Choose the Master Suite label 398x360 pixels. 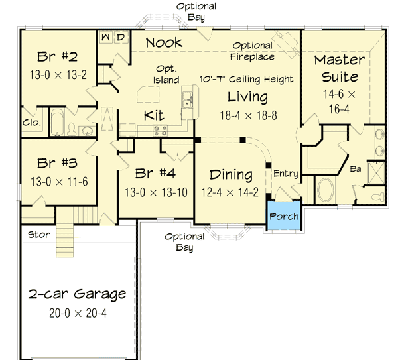pyautogui.click(x=340, y=69)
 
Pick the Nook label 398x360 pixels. pyautogui.click(x=164, y=43)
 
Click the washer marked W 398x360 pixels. pyautogui.click(x=106, y=37)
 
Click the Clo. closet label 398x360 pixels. pyautogui.click(x=32, y=123)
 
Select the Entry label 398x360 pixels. pyautogui.click(x=285, y=174)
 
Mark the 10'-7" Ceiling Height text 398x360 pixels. pyautogui.click(x=246, y=80)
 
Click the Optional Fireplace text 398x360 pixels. pyautogui.click(x=252, y=50)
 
